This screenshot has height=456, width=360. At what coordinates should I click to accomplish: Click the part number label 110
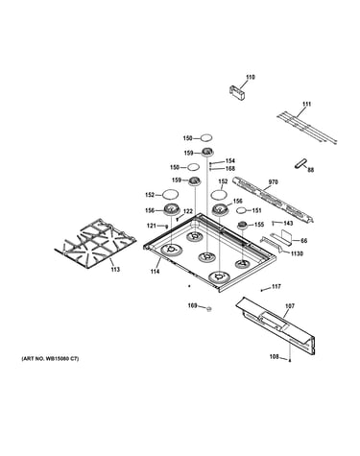tap(251, 77)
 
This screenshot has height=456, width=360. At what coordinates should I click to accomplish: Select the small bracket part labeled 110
tap(237, 93)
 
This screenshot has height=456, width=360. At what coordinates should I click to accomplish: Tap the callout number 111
tap(306, 105)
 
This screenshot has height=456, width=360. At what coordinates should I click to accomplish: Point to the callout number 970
tap(273, 182)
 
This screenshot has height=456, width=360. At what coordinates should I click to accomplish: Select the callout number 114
tap(156, 272)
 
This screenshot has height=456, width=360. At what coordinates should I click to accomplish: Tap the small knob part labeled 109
tap(209, 309)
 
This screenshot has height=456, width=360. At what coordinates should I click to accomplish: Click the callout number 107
tap(290, 306)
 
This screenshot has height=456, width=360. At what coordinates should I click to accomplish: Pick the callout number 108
tap(274, 356)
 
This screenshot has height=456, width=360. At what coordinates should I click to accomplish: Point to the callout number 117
tap(276, 287)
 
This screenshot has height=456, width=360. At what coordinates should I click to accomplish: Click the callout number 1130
tap(297, 253)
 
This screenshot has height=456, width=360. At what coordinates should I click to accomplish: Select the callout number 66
tap(303, 240)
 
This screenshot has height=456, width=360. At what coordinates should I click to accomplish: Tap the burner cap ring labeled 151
tap(242, 210)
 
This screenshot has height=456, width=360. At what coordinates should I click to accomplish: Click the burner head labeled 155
tap(243, 226)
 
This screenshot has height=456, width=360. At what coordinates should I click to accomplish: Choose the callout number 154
tap(230, 161)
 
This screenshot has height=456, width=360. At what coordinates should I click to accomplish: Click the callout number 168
tap(230, 169)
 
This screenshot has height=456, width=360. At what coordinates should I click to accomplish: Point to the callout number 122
tap(188, 211)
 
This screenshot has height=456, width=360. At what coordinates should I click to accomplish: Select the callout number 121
tap(152, 226)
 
